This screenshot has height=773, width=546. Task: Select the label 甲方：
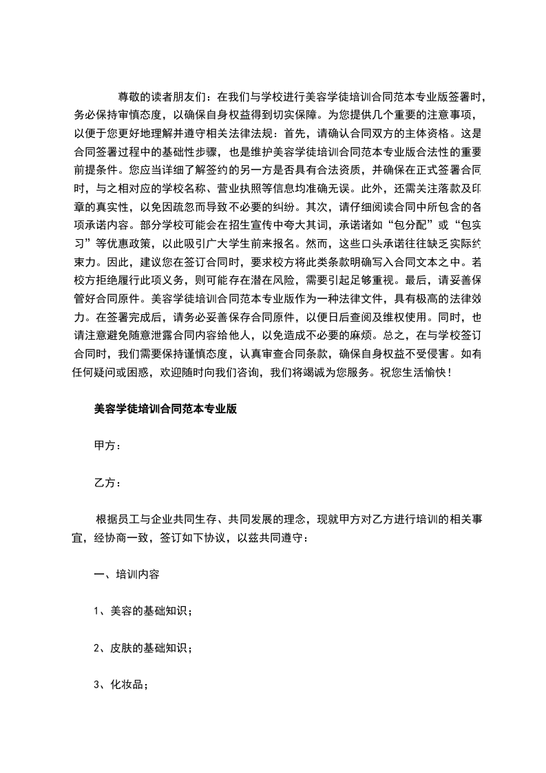[x=107, y=445]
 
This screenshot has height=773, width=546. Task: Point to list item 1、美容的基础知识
[x=142, y=610]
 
